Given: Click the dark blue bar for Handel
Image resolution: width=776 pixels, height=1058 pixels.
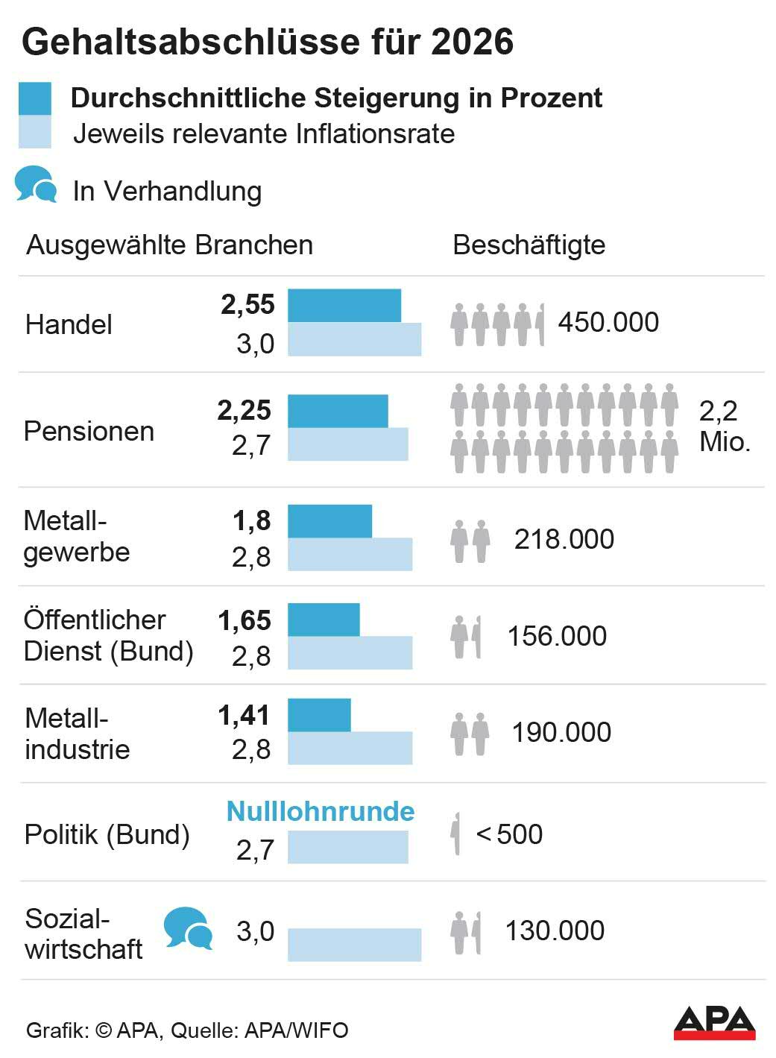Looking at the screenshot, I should pyautogui.click(x=344, y=306).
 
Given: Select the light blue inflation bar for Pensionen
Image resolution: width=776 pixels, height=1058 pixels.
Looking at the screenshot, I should pyautogui.click(x=347, y=444).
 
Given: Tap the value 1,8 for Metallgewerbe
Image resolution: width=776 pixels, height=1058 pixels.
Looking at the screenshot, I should pyautogui.click(x=252, y=521).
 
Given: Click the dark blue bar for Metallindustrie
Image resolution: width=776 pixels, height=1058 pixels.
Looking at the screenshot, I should pyautogui.click(x=319, y=715).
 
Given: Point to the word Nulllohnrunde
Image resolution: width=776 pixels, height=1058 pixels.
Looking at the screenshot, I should pyautogui.click(x=321, y=811).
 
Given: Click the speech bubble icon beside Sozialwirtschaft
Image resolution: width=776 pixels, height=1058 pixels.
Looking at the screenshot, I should pyautogui.click(x=188, y=928).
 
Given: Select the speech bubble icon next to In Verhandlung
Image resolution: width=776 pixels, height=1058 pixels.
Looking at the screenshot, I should pyautogui.click(x=36, y=184).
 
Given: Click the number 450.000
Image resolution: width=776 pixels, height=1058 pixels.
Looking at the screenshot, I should pyautogui.click(x=608, y=323).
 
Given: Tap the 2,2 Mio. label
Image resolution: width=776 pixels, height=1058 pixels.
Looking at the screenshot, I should pyautogui.click(x=723, y=426).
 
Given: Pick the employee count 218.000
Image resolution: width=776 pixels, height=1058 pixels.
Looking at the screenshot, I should pyautogui.click(x=564, y=539).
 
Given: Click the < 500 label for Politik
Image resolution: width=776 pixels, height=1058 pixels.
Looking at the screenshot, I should pyautogui.click(x=509, y=834).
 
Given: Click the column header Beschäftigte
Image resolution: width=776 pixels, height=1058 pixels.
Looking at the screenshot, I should pyautogui.click(x=529, y=245).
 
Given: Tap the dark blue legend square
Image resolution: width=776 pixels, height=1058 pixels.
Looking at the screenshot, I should pyautogui.click(x=35, y=98).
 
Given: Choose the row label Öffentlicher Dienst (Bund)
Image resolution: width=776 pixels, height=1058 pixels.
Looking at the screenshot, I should pyautogui.click(x=108, y=635).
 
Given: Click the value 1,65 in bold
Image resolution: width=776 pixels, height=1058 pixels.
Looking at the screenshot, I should pyautogui.click(x=245, y=620).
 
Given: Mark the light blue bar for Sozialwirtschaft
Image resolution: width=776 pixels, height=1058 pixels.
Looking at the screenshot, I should pyautogui.click(x=354, y=945).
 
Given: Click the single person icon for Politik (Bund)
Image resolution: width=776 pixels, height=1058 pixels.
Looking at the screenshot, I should pyautogui.click(x=455, y=834).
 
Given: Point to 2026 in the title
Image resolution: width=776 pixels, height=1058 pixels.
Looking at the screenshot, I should pyautogui.click(x=472, y=42).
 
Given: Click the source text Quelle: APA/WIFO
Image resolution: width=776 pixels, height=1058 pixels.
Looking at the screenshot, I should pyautogui.click(x=259, y=1030).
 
